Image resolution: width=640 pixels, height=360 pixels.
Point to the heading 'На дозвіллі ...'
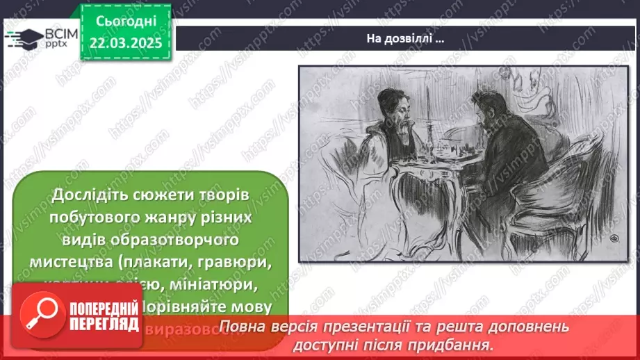click(405, 39)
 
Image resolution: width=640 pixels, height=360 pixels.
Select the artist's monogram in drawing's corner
click(613, 238)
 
